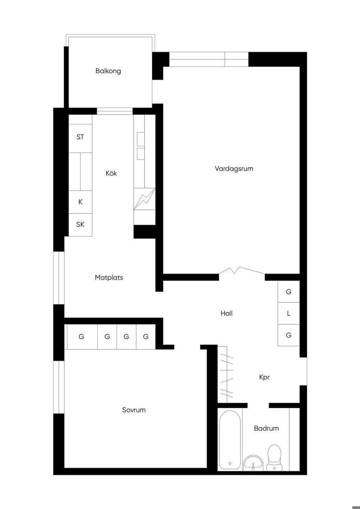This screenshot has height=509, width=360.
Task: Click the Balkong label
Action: pyautogui.click(x=108, y=71)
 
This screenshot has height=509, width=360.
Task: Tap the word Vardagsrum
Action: pyautogui.click(x=234, y=169)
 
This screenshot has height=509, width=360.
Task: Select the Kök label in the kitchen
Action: pyautogui.click(x=111, y=173)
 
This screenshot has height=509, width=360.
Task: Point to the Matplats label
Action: pyautogui.click(x=109, y=277)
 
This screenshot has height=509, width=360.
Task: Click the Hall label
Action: pyautogui.click(x=227, y=313)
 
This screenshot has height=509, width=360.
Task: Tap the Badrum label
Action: pyautogui.click(x=266, y=429)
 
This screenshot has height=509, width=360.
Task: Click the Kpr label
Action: pyautogui.click(x=264, y=377)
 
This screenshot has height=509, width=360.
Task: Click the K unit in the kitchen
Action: pyautogui.click(x=81, y=202)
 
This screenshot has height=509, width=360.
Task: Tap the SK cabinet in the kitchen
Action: pyautogui.click(x=81, y=225)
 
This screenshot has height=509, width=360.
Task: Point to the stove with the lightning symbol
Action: pyautogui.click(x=144, y=199)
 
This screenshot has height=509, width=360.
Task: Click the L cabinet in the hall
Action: pyautogui.click(x=289, y=313)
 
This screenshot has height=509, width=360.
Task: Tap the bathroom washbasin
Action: pyautogui.click(x=253, y=463)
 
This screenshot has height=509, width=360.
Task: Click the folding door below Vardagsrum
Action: pyautogui.click(x=242, y=271)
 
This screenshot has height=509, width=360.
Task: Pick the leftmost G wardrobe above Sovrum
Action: pyautogui.click(x=81, y=337)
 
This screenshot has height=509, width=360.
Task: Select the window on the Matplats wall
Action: pyautogui.click(x=59, y=278)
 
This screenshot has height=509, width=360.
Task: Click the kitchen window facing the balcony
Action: pyautogui.click(x=115, y=111)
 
